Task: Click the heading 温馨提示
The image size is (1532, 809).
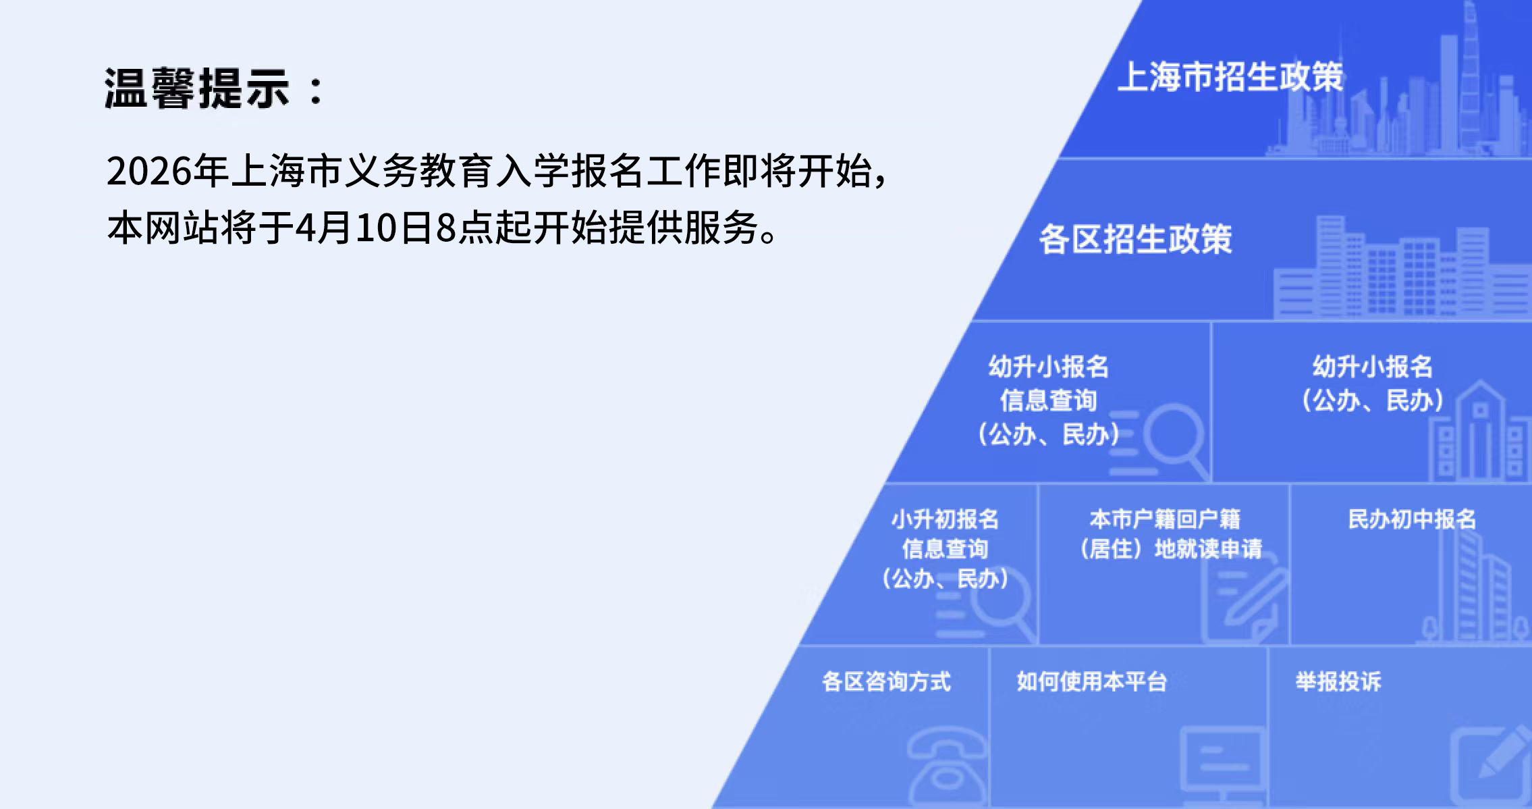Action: (197, 88)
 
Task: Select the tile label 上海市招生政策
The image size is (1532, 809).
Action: (1230, 77)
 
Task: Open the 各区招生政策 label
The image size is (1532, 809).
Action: (1135, 239)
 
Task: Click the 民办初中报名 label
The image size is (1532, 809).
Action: (1412, 519)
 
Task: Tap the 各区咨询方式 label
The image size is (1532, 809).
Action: (886, 681)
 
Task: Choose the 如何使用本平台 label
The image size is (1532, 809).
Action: (1091, 681)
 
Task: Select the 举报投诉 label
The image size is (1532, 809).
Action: (1338, 681)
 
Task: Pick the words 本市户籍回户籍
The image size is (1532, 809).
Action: (1165, 519)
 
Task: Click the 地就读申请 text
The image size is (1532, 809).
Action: (1208, 548)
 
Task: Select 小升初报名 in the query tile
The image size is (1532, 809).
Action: (945, 519)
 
